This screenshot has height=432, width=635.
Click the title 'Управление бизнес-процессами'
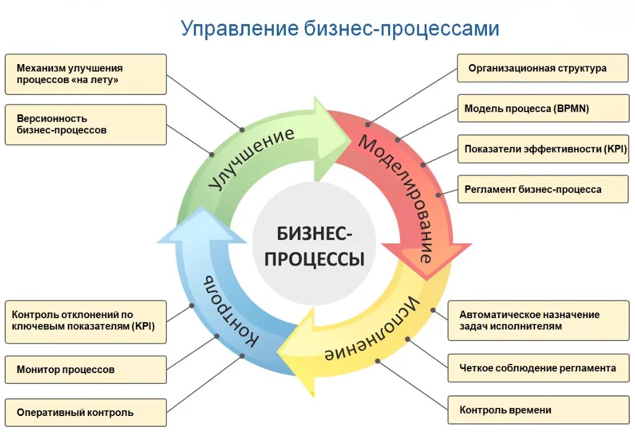340,28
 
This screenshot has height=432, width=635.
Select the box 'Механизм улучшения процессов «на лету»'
86,74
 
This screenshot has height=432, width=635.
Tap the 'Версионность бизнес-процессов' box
86,124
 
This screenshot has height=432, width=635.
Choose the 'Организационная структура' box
542,68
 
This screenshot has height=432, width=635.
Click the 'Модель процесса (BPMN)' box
542,108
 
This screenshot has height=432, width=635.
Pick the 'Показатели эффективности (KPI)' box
542,149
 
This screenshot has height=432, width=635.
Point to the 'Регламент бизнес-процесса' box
542,189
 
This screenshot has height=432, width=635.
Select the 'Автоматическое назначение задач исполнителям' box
537,320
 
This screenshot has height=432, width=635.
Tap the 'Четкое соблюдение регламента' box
537,368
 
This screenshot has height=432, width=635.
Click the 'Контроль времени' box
537,410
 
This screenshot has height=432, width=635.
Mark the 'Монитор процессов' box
86,370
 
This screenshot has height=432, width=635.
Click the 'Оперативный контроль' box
86,413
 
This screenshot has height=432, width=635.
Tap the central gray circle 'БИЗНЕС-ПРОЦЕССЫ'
314,246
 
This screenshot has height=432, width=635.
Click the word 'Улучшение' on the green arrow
251,157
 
